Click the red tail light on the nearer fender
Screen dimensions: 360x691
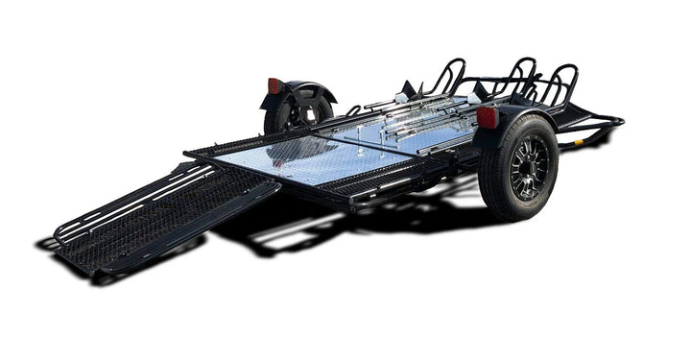click(x=488, y=118)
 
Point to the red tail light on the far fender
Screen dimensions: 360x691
click(x=274, y=85)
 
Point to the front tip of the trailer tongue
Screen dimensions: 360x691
click(x=619, y=121)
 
